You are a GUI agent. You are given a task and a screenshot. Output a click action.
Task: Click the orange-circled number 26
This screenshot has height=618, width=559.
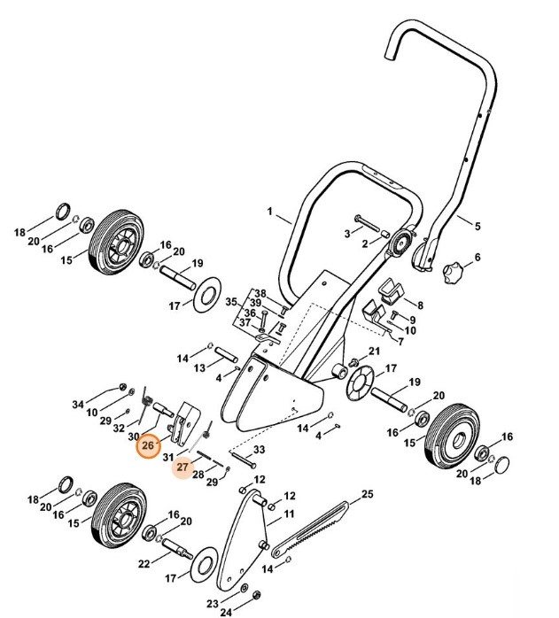point(147,445)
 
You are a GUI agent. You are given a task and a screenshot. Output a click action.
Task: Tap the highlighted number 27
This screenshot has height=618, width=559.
point(182,467)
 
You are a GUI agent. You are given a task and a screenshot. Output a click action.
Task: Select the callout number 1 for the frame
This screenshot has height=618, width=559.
point(271,212)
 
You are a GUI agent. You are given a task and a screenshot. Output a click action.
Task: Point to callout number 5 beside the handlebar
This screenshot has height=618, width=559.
point(477,226)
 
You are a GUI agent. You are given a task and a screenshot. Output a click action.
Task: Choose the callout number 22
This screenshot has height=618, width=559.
point(143,564)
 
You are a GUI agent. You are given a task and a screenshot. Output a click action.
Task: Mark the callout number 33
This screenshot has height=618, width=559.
point(259,452)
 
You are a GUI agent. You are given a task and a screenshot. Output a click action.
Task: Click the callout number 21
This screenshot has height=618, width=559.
point(374,351)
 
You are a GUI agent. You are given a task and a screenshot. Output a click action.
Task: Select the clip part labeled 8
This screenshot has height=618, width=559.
point(389,290)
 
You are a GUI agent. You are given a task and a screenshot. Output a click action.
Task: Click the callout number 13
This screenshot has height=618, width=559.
point(200,367)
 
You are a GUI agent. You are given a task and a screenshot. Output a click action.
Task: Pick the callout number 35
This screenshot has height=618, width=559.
point(232,301)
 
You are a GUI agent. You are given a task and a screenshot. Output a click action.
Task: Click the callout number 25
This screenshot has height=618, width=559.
point(368,493)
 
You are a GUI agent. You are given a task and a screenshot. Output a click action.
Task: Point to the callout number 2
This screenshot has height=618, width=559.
point(363,243)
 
